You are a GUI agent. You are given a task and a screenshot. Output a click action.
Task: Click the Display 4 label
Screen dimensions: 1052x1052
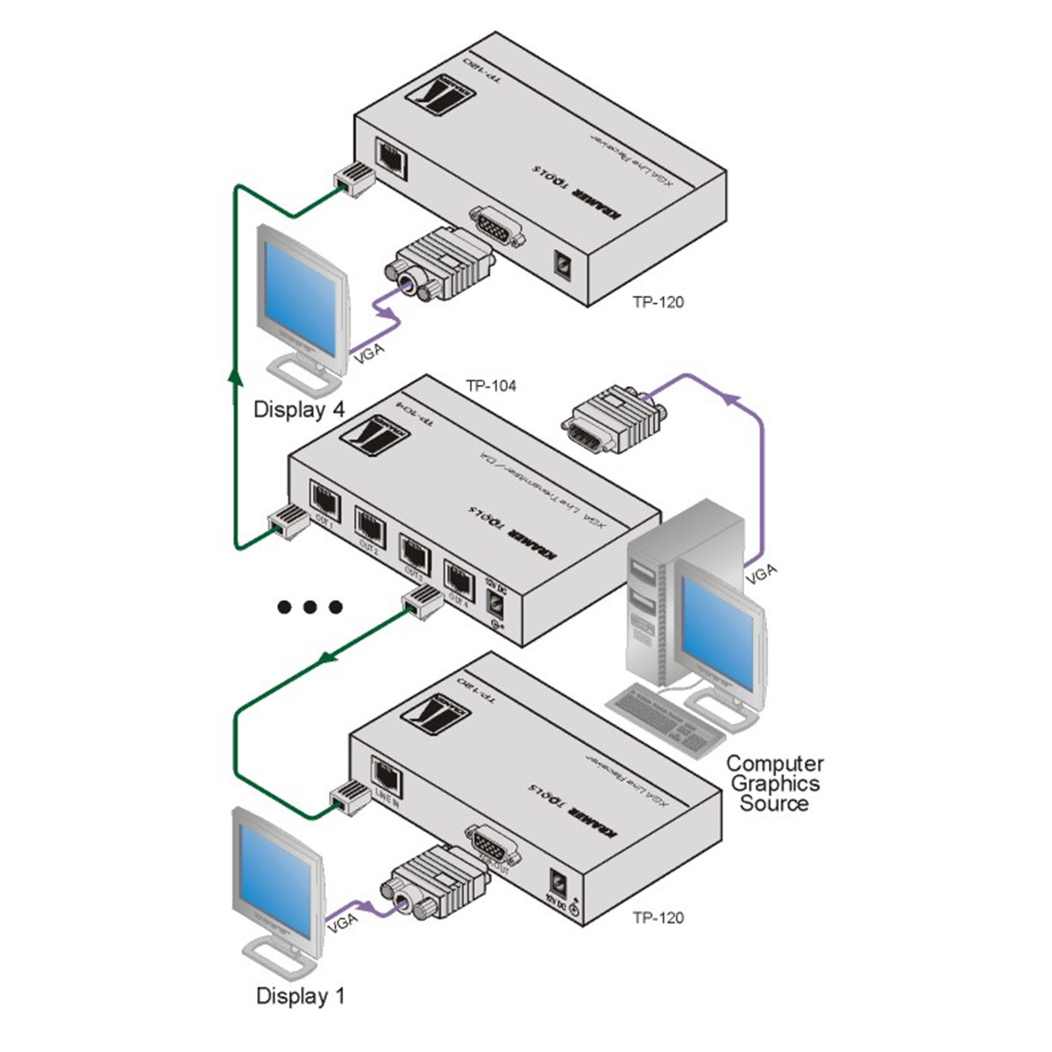pos(299,409)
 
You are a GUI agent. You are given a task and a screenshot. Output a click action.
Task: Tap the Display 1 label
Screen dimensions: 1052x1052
pos(300,996)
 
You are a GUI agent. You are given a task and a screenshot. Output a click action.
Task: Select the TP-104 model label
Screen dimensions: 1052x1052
pos(491,385)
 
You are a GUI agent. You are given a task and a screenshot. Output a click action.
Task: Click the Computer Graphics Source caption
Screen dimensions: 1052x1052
pos(775,784)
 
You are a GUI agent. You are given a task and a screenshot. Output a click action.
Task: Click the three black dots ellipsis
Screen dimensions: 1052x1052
pos(309,607)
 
